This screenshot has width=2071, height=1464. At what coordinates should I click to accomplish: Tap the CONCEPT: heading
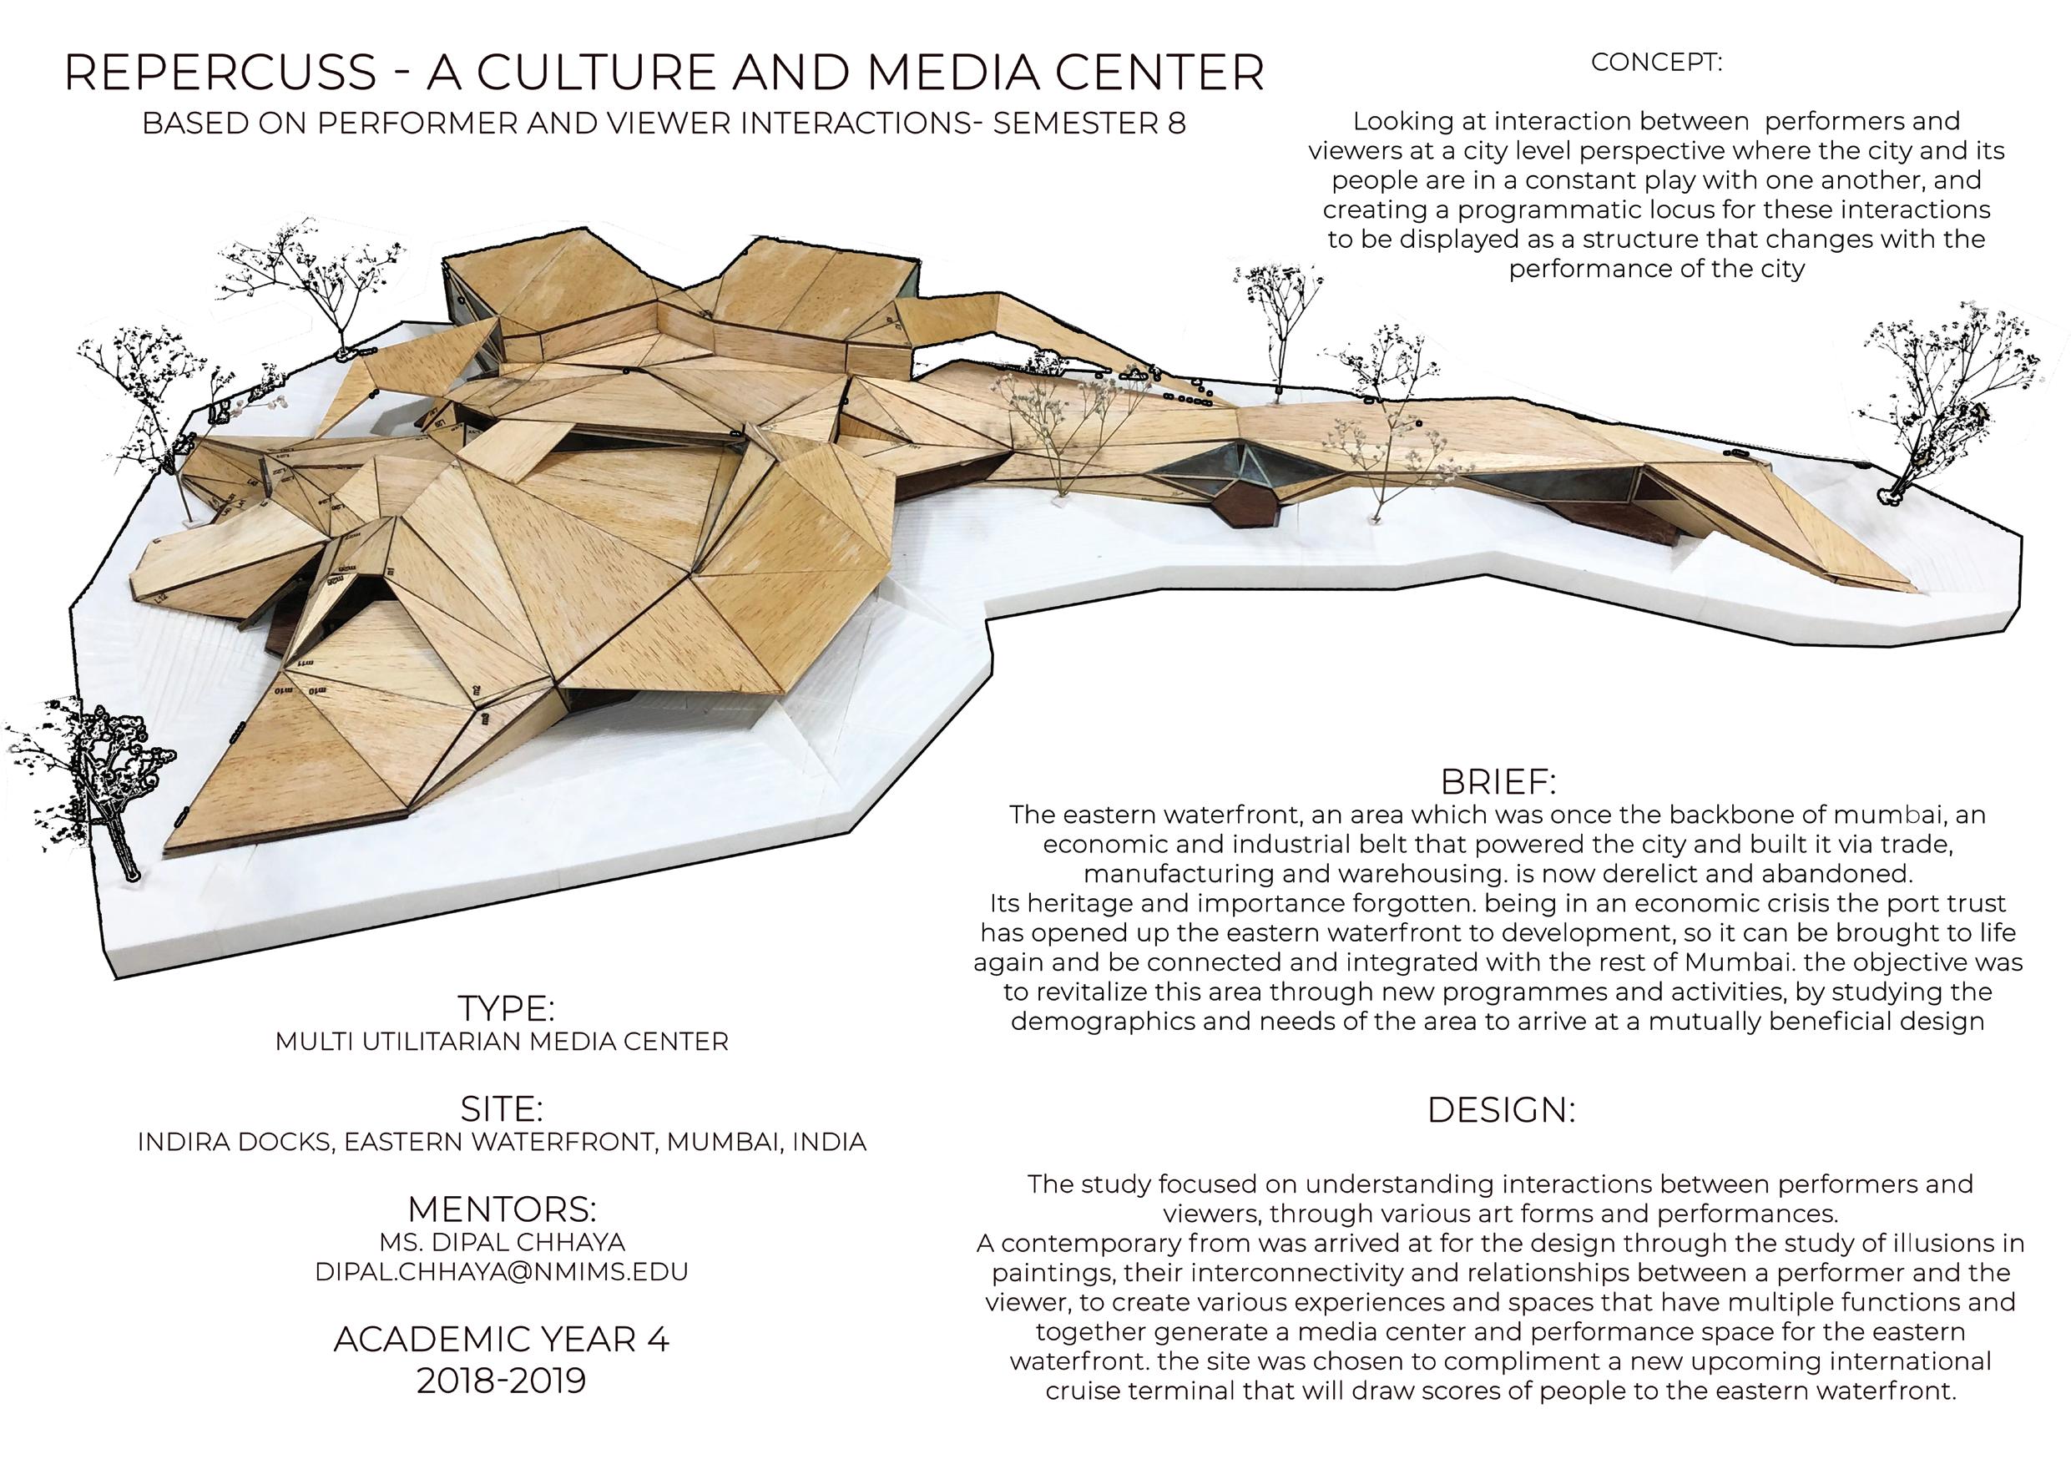coord(1655,63)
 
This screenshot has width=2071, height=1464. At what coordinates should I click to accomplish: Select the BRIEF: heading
coord(1498,780)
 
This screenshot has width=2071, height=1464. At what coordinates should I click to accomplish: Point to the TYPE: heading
coord(505,1007)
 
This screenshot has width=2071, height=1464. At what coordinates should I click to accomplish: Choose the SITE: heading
coord(502,1108)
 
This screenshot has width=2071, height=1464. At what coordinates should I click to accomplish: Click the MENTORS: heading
coord(502,1209)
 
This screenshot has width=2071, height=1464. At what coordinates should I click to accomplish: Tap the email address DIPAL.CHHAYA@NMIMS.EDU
coord(502,1272)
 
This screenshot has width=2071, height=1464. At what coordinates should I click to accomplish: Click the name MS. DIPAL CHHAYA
coord(502,1242)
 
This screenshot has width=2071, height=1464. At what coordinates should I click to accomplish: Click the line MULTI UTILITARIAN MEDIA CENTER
coord(502,1042)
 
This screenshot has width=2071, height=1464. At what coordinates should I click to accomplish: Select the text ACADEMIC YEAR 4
coord(502,1340)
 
